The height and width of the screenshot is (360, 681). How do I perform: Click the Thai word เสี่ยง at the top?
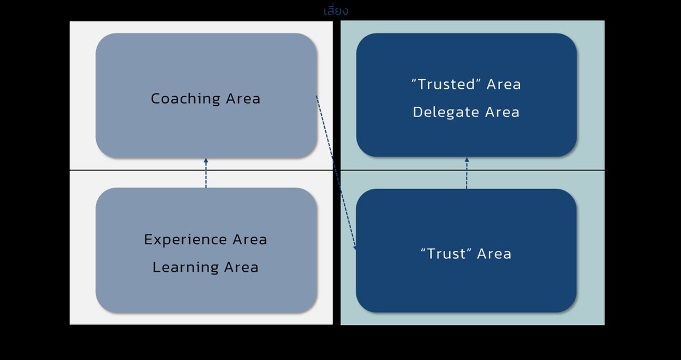click(336, 11)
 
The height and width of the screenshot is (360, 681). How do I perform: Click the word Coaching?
click(185, 99)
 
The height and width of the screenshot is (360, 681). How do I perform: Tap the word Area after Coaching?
click(243, 99)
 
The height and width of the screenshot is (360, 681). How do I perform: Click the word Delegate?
click(443, 112)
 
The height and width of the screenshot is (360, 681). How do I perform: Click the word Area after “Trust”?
click(494, 254)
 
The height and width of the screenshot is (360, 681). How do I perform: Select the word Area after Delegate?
click(502, 112)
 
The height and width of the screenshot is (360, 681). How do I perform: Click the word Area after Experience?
click(250, 240)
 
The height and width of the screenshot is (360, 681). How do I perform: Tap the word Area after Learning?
click(241, 267)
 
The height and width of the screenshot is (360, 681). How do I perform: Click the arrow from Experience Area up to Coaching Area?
click(206, 174)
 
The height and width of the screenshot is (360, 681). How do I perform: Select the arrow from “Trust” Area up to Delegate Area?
click(467, 174)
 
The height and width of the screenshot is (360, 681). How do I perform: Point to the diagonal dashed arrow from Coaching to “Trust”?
click(335, 170)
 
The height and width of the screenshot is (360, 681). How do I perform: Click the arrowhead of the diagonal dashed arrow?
click(355, 246)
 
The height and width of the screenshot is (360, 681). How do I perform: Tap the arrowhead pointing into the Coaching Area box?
click(206, 161)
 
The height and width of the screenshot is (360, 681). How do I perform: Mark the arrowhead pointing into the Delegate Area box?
click(467, 160)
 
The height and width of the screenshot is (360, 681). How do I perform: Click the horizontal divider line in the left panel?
click(133, 170)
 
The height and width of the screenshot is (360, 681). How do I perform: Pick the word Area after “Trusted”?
click(503, 85)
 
